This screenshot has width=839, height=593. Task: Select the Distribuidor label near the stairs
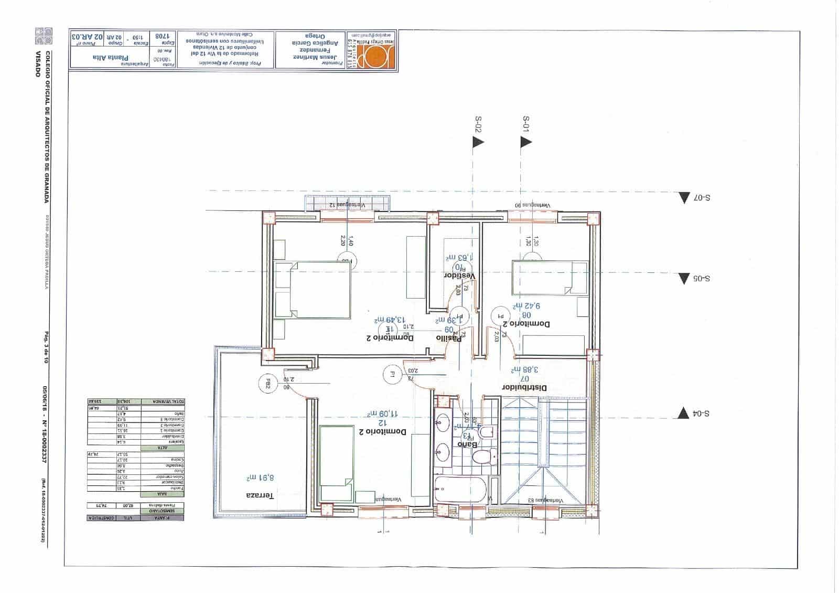525,388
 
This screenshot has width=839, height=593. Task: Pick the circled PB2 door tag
267,384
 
